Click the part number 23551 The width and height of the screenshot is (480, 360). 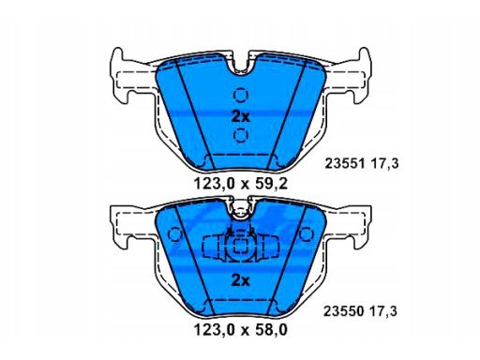[x=345, y=163]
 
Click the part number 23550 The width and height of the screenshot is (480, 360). [x=343, y=311]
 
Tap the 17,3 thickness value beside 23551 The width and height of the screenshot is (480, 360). [x=384, y=164]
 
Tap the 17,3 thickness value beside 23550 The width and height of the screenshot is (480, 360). [x=383, y=311]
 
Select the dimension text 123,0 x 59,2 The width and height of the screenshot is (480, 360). [x=240, y=184]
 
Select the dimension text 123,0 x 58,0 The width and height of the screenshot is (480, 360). [x=240, y=330]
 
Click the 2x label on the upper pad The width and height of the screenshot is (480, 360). [x=241, y=116]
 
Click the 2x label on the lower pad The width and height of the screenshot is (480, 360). [x=241, y=281]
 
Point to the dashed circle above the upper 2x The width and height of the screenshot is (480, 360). [x=241, y=95]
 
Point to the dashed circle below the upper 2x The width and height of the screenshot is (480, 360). [x=241, y=135]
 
